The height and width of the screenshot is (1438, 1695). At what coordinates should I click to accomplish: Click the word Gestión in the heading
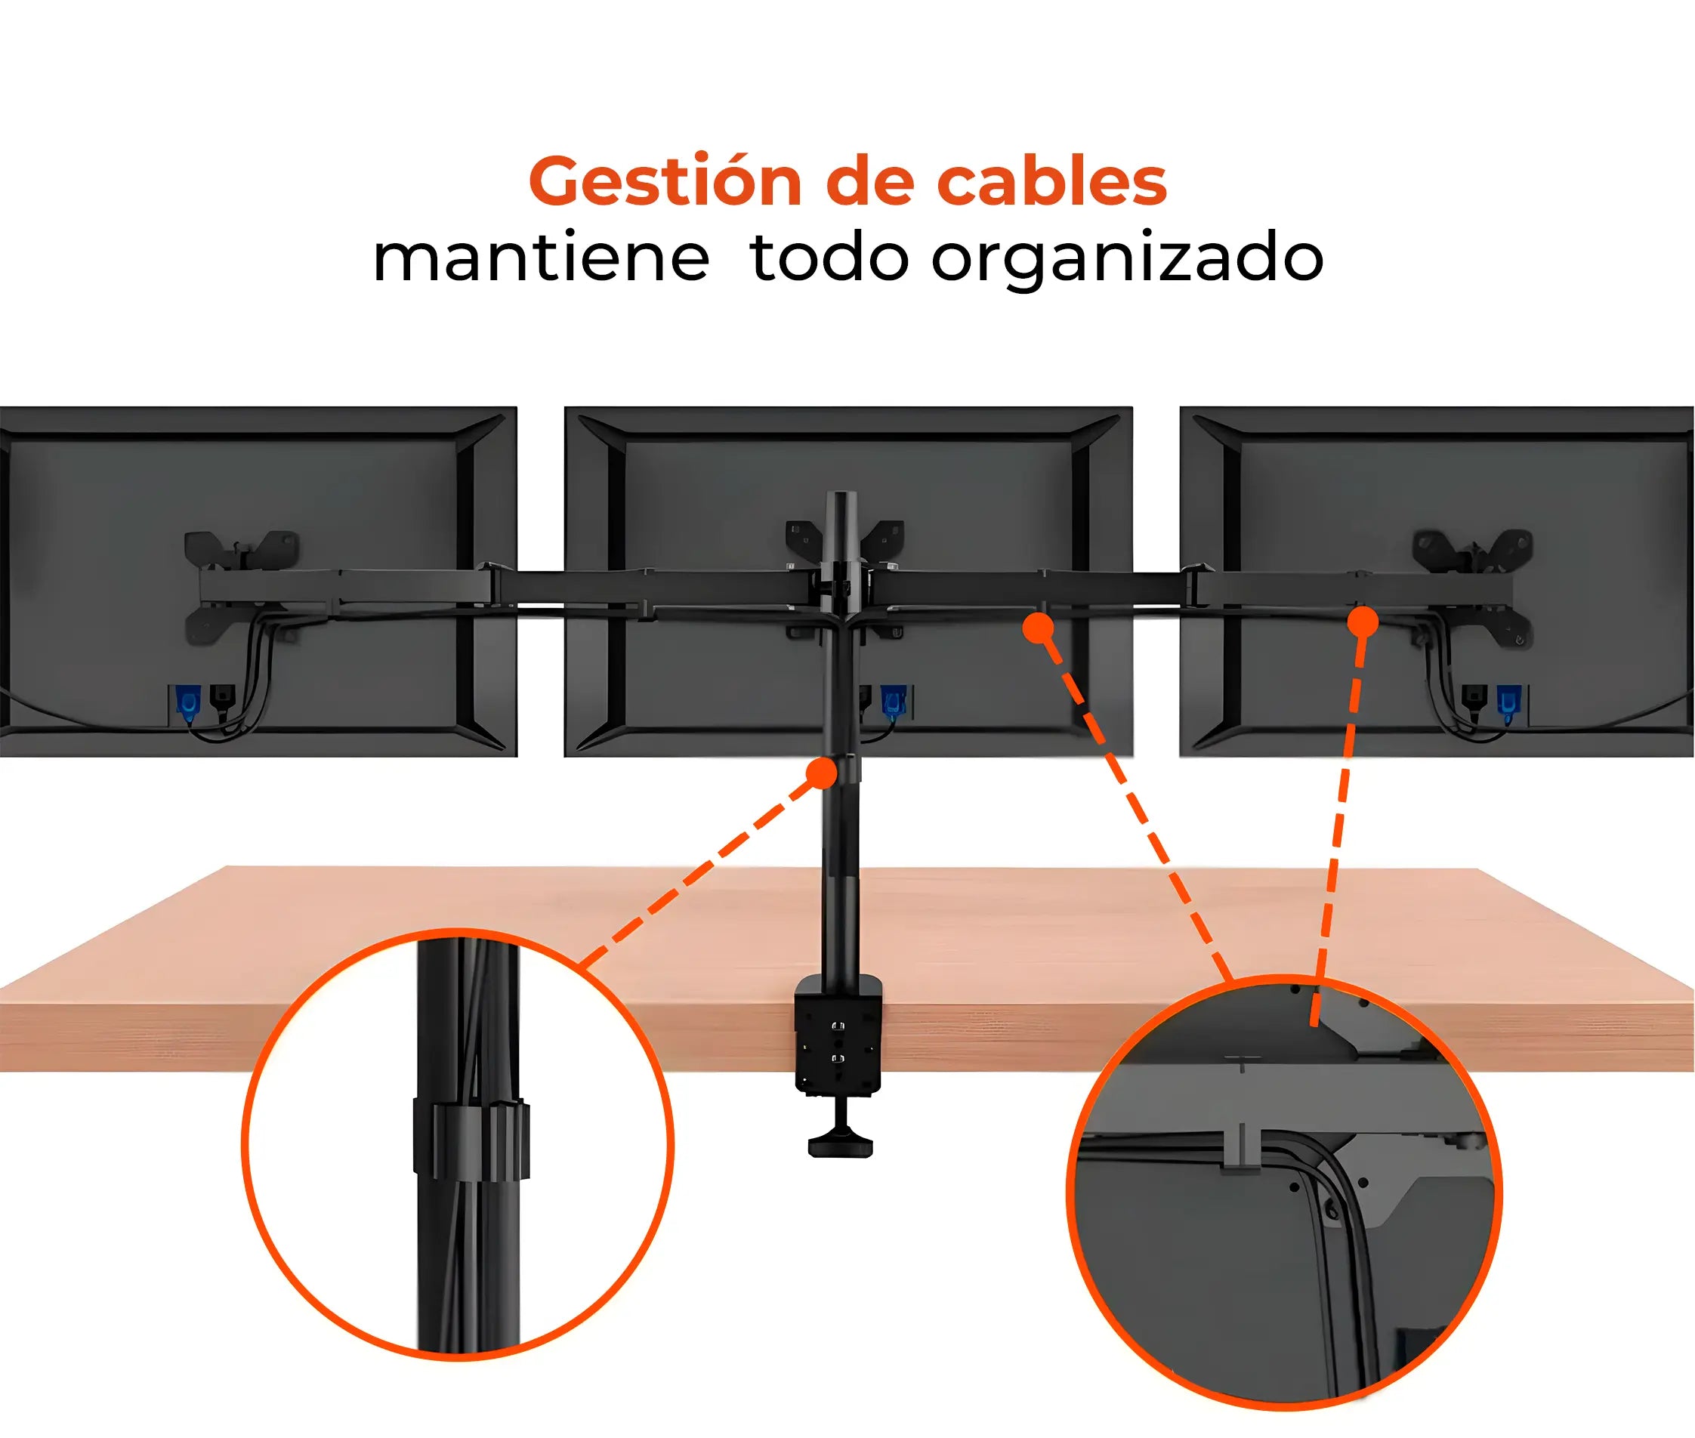click(x=665, y=181)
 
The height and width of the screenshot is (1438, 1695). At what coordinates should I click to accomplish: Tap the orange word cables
click(x=1051, y=181)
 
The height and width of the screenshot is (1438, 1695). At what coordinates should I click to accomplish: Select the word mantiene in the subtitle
click(x=541, y=259)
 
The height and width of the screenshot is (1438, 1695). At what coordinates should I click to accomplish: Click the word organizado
click(x=1127, y=259)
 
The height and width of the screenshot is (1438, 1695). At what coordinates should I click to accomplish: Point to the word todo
click(x=829, y=258)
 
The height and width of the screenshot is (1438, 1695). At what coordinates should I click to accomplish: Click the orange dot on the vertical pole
click(x=822, y=773)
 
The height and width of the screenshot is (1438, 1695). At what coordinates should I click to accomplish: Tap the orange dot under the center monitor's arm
click(x=1037, y=628)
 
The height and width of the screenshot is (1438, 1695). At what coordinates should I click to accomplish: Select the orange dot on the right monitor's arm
click(x=1363, y=623)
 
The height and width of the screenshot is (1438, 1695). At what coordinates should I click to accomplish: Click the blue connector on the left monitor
click(x=187, y=702)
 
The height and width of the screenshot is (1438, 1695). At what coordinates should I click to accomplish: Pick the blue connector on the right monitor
click(x=1508, y=702)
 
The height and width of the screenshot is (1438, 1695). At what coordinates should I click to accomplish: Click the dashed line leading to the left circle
click(x=701, y=872)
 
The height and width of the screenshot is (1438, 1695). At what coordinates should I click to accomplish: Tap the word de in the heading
click(x=869, y=181)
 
